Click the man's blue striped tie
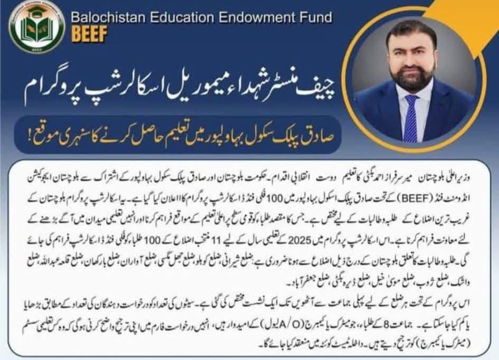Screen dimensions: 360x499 [x=411, y=118]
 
